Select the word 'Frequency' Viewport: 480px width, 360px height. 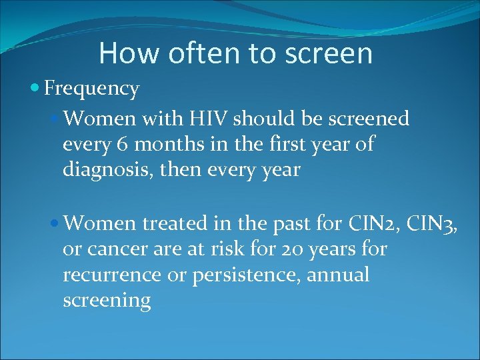(x=91, y=88)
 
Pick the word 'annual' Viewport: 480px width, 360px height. (x=339, y=275)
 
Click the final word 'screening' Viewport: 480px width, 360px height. (x=107, y=301)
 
